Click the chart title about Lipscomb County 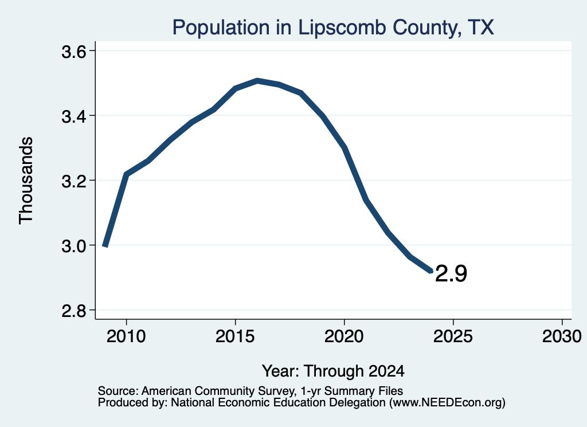[x=333, y=28]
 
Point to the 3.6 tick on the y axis [x=73, y=52]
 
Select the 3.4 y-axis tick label [x=73, y=116]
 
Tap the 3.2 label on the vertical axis [x=73, y=181]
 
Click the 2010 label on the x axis [x=126, y=336]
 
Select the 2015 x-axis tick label [x=235, y=336]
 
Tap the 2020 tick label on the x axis [x=344, y=336]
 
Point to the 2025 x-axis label [x=453, y=336]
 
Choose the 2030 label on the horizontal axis [x=562, y=336]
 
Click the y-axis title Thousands [x=26, y=181]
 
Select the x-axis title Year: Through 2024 [x=333, y=371]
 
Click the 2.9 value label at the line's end [x=451, y=273]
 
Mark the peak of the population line [x=257, y=80]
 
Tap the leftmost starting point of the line [x=105, y=245]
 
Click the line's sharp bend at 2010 [x=127, y=174]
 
